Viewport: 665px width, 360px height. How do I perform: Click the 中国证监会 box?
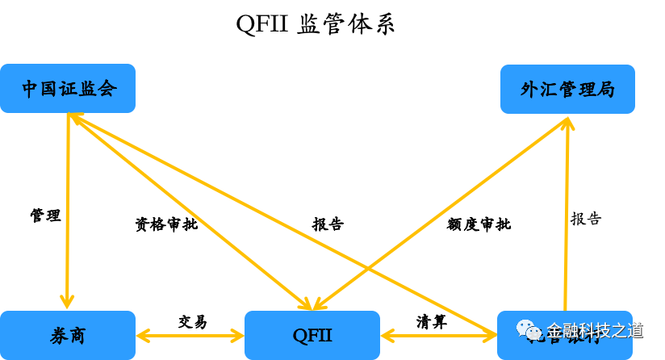tap(68, 88)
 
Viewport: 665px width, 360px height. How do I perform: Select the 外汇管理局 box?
tap(567, 89)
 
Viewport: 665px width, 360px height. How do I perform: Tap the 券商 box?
tap(68, 335)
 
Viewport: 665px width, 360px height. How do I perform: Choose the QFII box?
tap(312, 335)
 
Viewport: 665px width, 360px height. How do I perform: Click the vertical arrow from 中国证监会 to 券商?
tap(68, 210)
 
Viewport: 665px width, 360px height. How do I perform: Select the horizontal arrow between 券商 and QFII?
tap(190, 335)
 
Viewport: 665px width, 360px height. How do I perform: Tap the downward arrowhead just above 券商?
tap(68, 301)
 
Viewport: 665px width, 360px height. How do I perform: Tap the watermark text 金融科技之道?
tap(595, 330)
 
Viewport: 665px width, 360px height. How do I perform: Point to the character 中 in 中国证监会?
tap(31, 89)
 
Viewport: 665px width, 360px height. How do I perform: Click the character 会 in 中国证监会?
tap(107, 89)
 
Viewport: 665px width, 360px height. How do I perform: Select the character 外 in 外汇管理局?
tap(529, 90)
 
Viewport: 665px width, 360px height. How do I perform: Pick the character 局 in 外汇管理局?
tap(605, 90)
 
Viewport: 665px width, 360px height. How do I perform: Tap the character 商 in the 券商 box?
tap(77, 336)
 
